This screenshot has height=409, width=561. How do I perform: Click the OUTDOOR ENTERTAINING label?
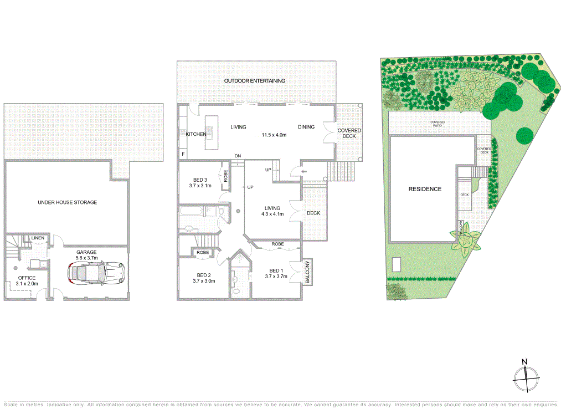point(255,81)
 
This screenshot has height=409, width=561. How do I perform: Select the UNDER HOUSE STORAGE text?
point(67,202)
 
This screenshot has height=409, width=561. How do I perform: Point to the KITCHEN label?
point(195,134)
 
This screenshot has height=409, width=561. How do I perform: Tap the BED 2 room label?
point(203,275)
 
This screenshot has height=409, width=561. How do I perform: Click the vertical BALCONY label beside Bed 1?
point(307,272)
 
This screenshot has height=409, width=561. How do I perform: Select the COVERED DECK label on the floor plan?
point(349,134)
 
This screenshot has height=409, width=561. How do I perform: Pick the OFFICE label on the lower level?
point(27,278)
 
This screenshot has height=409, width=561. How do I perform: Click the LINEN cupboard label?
point(38,238)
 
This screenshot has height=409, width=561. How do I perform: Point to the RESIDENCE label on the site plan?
point(425,189)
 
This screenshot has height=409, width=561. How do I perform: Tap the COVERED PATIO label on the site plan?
point(440,124)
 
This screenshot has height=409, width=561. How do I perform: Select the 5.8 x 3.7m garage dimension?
point(86,258)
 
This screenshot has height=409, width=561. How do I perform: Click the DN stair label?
point(238,156)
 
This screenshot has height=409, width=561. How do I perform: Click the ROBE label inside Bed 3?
point(225,176)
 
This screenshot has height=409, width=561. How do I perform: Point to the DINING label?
point(306,127)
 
